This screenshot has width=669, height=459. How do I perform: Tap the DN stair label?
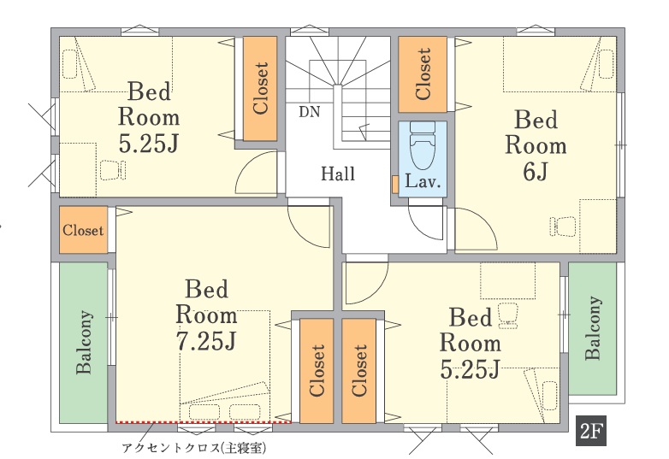310,112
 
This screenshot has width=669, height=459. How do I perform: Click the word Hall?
338,174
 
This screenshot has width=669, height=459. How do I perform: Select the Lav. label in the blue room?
423,181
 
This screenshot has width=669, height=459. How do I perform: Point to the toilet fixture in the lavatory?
423,145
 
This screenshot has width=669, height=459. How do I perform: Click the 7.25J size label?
206,341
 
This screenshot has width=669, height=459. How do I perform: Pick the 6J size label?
536,172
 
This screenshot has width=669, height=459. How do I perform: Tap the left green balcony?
83,343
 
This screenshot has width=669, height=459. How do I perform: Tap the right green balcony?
593,328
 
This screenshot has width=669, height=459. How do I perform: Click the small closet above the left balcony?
83,230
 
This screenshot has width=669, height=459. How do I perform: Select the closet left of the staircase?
260,88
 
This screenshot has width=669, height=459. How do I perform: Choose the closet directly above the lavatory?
423,74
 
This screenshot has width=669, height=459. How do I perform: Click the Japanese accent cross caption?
194,448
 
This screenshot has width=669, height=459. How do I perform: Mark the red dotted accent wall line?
204,422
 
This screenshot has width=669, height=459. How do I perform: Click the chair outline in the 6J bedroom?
563,227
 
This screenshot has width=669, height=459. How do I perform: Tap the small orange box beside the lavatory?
395,184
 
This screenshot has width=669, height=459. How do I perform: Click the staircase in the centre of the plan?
338,92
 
